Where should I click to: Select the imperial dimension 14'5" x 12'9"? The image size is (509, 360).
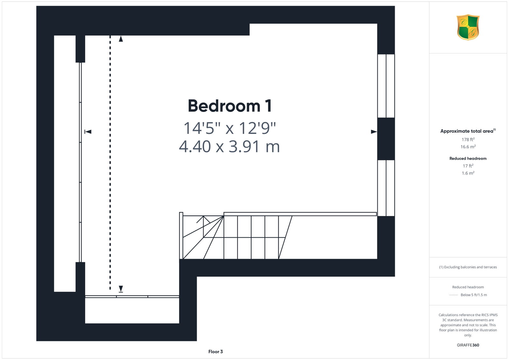229,128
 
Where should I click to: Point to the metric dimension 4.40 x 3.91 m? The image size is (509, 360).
229,146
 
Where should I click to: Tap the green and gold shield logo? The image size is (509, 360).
468,27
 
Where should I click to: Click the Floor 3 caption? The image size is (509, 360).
215,352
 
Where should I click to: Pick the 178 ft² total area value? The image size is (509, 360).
468,140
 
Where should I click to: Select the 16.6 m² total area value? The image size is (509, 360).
468,147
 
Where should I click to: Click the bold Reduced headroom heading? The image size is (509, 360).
468,158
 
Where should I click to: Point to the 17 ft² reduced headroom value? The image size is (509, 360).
468,166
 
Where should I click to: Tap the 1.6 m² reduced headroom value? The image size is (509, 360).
468,173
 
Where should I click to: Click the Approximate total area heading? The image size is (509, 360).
468,131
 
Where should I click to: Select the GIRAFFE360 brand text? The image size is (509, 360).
468,345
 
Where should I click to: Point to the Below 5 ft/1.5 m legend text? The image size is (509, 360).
474,295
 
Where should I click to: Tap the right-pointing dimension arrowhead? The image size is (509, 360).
374,132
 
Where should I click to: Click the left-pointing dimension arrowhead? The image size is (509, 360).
88,132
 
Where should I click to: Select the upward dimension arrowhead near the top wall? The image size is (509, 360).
121,39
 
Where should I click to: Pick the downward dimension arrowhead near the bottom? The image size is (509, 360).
121,289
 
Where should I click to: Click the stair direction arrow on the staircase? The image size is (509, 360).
203,226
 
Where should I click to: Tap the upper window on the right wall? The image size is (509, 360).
386,86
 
